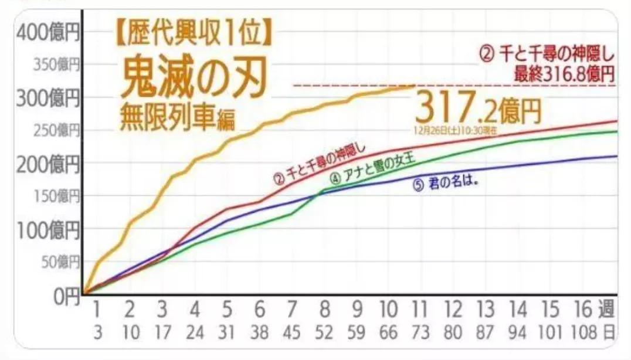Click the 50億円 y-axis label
coord(59,262)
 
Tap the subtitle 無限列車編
coord(176,119)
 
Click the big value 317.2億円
coord(478,108)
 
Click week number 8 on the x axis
coord(324,309)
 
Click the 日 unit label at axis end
coord(609,332)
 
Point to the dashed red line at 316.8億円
coord(352,85)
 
